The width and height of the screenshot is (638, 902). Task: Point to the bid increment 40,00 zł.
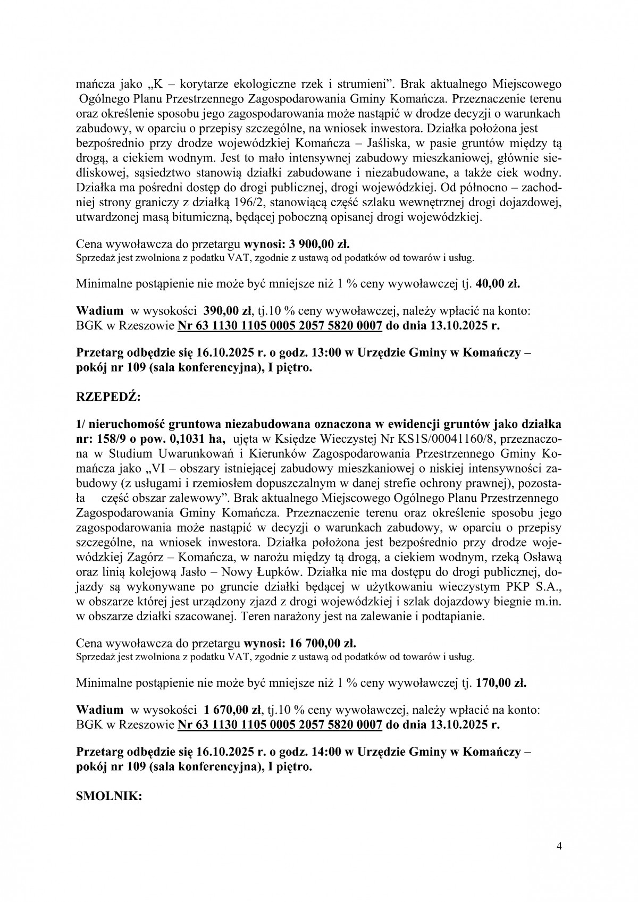tap(499, 284)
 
